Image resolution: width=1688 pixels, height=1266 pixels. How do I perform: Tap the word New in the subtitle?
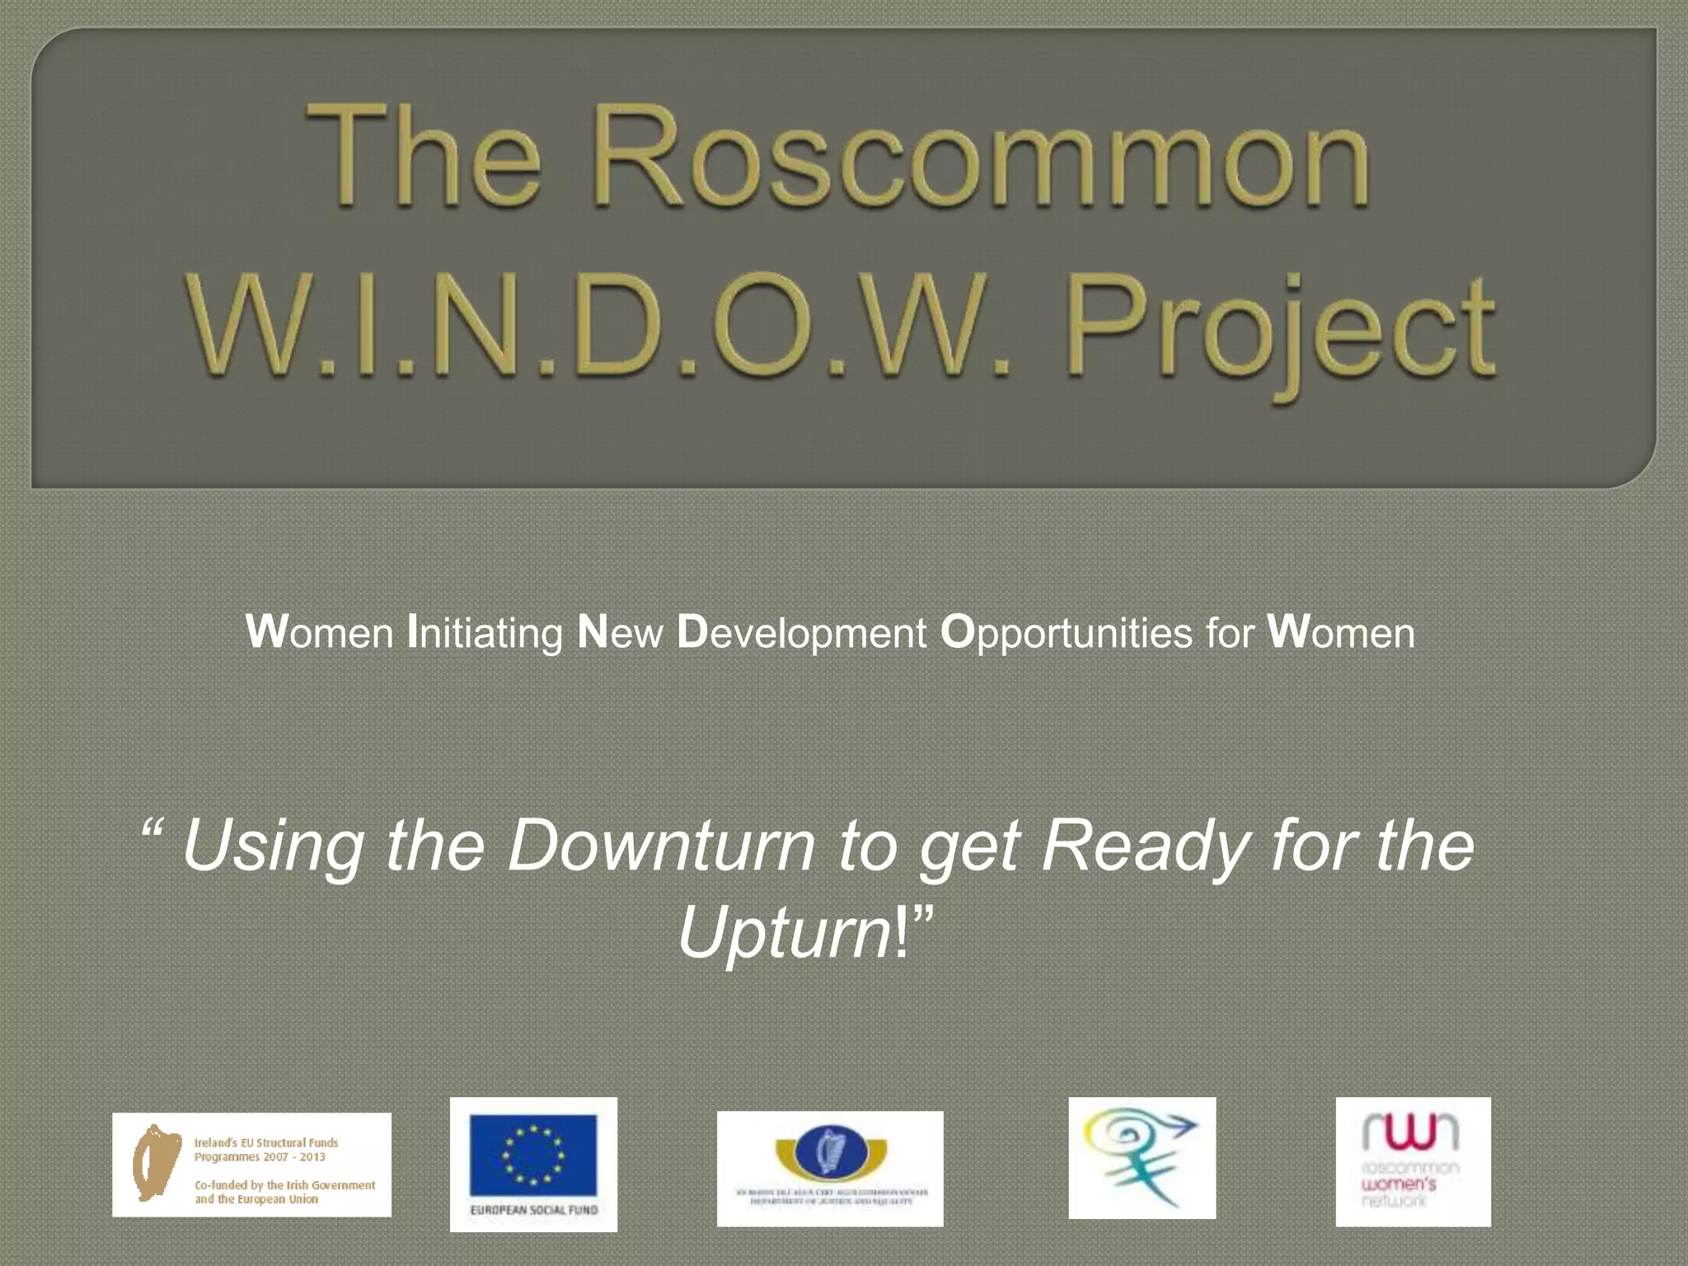coord(620,633)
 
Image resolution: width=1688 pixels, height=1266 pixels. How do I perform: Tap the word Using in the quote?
coord(273,847)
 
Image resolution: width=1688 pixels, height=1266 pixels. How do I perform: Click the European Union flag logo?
coord(533,1155)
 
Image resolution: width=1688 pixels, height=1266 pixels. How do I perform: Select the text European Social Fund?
coord(533,1210)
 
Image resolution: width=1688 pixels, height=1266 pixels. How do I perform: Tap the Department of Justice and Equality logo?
coord(830,1168)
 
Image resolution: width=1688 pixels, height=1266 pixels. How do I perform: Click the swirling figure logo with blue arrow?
coord(1142,1157)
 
